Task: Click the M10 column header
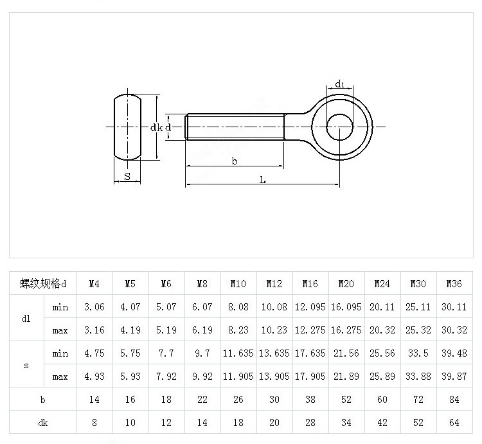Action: [x=238, y=283]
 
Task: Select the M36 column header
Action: [x=454, y=283]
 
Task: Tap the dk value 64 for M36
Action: [x=454, y=422]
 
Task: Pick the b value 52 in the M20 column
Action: [x=346, y=399]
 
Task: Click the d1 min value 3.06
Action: [x=94, y=307]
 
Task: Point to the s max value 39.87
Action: [x=454, y=377]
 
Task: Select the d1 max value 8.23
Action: [x=238, y=330]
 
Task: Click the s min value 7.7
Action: [x=166, y=353]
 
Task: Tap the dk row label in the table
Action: [x=42, y=422]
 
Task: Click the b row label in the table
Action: [x=42, y=399]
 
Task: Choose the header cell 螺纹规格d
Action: [x=42, y=283]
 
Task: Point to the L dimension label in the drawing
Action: [x=262, y=180]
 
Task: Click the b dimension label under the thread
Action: [x=235, y=161]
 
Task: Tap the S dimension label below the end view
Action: [x=127, y=176]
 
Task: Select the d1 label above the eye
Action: [x=340, y=84]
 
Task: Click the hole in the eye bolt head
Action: [x=340, y=127]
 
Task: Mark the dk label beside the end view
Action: [x=156, y=128]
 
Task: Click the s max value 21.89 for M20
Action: [x=346, y=377]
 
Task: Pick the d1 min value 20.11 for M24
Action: [x=382, y=307]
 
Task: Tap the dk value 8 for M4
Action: [x=94, y=422]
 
